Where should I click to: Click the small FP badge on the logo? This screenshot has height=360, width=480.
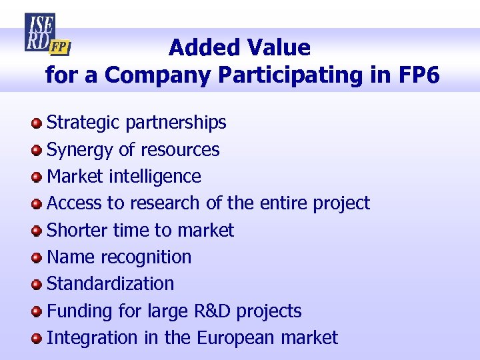coord(61,47)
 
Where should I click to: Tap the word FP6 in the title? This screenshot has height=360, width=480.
coord(419,75)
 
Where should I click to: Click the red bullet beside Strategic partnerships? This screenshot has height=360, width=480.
coord(37,123)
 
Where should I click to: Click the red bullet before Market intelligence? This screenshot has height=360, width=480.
coord(37,177)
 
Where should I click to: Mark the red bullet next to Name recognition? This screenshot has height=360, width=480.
coord(37,257)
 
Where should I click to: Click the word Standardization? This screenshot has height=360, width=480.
coord(110,284)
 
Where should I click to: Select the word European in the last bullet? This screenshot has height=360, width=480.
coord(236,338)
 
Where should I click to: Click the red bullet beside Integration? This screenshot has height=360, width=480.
coord(37,338)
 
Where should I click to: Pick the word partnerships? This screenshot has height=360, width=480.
coord(175,123)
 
